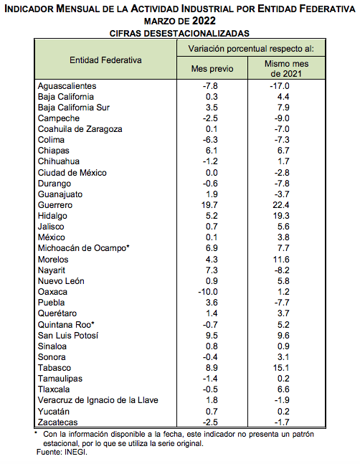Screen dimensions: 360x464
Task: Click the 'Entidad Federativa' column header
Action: pos(105,60)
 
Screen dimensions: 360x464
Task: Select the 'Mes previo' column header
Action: pos(212,69)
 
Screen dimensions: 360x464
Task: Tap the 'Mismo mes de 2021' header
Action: pos(286,68)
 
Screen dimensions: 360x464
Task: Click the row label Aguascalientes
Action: pos(67,86)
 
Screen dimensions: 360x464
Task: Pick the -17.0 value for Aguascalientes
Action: pos(280,86)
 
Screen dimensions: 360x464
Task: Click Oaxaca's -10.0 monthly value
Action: pos(208,292)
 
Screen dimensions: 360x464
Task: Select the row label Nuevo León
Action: pos(61,281)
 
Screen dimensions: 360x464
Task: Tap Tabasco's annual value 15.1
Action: pos(281,368)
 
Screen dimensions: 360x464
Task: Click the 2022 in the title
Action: pos(204,21)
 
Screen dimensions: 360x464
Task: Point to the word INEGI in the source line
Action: pos(75,452)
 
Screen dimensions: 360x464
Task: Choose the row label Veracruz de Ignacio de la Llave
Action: pos(98,400)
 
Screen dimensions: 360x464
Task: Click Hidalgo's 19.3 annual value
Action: pos(281,216)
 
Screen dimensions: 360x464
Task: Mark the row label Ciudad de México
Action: pos(72,173)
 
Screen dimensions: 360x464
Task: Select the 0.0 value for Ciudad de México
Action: pos(212,173)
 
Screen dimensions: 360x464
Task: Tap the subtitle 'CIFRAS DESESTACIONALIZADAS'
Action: pos(179,33)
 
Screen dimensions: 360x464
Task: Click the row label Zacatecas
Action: pos(57,422)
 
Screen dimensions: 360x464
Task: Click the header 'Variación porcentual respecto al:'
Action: pos(251,49)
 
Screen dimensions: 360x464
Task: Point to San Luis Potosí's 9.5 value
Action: pos(212,336)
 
